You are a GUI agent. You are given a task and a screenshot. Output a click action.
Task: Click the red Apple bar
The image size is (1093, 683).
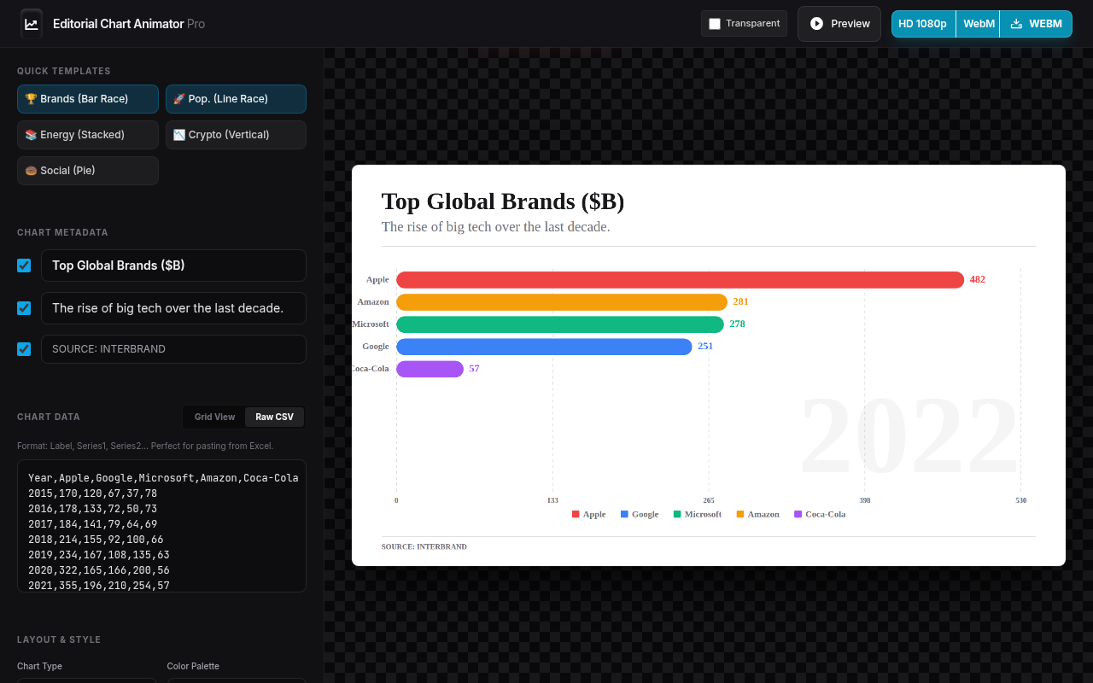[x=680, y=279]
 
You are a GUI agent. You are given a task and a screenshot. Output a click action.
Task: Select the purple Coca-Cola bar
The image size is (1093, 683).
[x=430, y=369]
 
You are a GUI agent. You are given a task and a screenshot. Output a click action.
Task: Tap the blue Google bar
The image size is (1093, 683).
[x=544, y=347]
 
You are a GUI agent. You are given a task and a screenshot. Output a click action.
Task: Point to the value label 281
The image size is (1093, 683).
[x=740, y=301]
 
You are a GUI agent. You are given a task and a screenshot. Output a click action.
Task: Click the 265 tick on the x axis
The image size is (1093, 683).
[x=709, y=500]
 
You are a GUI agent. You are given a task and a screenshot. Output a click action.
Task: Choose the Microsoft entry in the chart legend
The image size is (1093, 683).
[x=698, y=514]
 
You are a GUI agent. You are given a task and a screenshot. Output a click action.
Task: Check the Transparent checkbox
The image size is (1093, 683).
[x=715, y=24]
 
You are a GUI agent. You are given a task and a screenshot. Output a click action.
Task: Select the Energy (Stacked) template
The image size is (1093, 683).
[x=88, y=135]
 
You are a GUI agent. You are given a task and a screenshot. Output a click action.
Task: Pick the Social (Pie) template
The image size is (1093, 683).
[x=88, y=171]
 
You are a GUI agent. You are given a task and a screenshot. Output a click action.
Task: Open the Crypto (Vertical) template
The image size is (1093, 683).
[x=236, y=135]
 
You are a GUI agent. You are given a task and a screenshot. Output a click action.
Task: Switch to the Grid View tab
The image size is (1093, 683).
[x=214, y=417]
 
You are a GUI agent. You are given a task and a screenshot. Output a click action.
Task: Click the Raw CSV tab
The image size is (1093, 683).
[x=274, y=417]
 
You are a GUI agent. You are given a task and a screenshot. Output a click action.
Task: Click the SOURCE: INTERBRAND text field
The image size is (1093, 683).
[x=173, y=349]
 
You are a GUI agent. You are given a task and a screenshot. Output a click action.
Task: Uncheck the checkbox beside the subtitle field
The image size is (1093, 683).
[x=24, y=308]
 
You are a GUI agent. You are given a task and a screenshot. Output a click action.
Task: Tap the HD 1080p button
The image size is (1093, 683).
[x=923, y=24]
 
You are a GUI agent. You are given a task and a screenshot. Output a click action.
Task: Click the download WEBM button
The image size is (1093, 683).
[x=1036, y=24]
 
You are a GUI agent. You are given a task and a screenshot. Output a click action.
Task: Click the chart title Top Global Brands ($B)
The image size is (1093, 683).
[x=503, y=201]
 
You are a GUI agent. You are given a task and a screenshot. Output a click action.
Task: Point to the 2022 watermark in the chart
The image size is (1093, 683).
[x=909, y=435]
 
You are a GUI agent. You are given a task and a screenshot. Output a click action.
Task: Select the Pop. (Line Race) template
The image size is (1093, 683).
[x=236, y=99]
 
